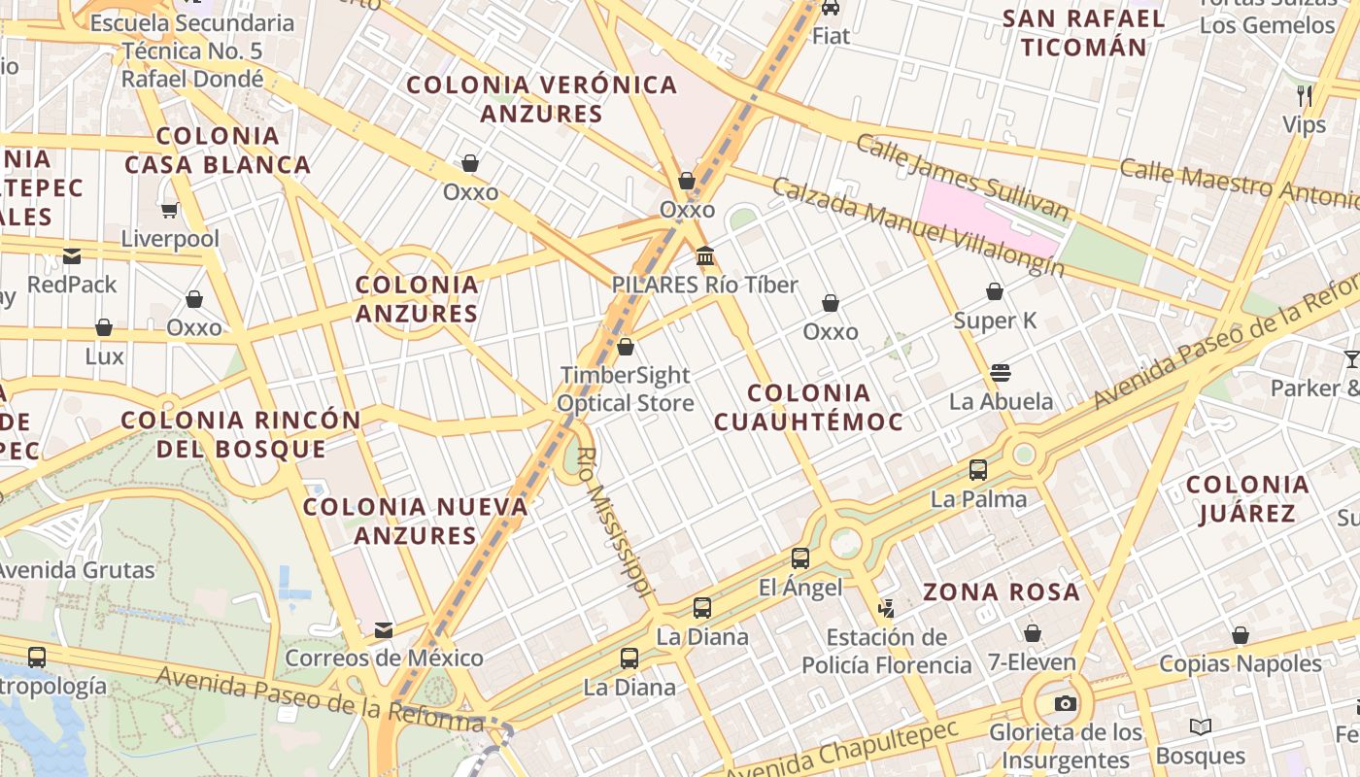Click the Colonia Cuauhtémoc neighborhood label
[x=808, y=407]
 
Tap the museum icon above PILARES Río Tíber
[x=705, y=257]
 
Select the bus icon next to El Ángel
[x=799, y=558]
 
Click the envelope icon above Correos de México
[x=384, y=630]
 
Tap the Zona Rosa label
[x=1001, y=591]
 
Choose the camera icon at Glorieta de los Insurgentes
[x=1066, y=704]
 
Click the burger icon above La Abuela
[x=1001, y=373]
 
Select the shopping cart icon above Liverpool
[x=170, y=210]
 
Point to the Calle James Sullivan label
[x=962, y=177]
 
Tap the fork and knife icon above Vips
[x=1305, y=95]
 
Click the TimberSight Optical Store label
[x=626, y=388]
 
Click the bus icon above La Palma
[x=978, y=470]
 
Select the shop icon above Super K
[x=995, y=291]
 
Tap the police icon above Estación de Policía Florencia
[x=885, y=609]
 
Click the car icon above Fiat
[x=831, y=8]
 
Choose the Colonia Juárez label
[x=1247, y=498]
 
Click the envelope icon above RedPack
[x=72, y=256]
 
